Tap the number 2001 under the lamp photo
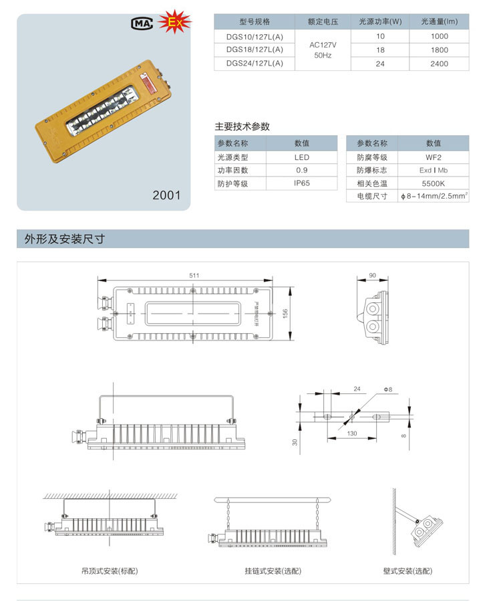point(166,195)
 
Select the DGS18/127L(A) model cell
point(255,49)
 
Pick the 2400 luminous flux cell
point(439,64)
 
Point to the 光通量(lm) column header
point(439,22)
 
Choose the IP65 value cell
point(302,183)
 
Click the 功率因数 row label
point(232,171)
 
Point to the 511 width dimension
point(194,275)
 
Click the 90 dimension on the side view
point(372,275)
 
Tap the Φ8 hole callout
point(387,389)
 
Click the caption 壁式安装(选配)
point(407,571)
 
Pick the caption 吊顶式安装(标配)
point(110,571)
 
